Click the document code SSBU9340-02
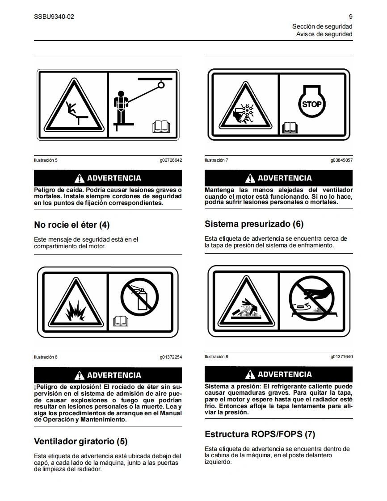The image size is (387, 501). [x=54, y=17]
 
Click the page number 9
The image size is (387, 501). [x=350, y=17]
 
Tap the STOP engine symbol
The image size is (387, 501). [x=312, y=101]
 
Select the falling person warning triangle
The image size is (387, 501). [x=74, y=105]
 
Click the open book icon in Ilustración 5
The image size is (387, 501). [x=161, y=126]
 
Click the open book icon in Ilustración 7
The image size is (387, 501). [x=290, y=128]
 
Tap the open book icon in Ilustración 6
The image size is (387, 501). [x=121, y=321]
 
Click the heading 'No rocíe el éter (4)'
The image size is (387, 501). [x=72, y=225]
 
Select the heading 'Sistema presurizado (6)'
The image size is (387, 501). [x=254, y=224]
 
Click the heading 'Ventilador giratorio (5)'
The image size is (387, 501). [x=80, y=442]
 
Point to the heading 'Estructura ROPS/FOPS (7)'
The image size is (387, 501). [x=260, y=434]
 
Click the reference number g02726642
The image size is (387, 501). [x=171, y=160]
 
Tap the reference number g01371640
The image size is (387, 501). [x=341, y=357]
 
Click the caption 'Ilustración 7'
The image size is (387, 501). [x=217, y=160]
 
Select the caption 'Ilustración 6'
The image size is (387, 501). [x=46, y=357]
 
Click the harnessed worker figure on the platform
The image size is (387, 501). [x=121, y=107]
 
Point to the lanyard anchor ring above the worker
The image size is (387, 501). [x=161, y=85]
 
